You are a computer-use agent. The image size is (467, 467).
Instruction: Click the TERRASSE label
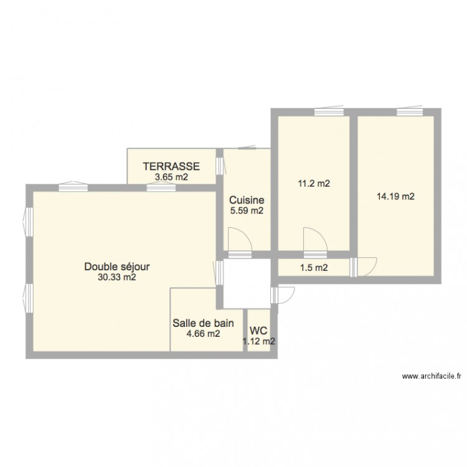point(171,166)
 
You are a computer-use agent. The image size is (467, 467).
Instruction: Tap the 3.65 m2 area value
point(171,177)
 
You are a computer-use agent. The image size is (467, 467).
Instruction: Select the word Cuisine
point(247,200)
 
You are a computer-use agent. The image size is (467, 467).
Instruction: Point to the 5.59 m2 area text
point(247,211)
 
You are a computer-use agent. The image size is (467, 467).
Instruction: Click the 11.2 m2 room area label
point(313,184)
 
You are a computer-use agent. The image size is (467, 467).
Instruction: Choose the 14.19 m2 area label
point(395,197)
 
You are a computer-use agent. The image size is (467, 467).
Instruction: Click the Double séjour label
point(117,267)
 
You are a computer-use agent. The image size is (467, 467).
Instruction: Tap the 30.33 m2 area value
point(117,278)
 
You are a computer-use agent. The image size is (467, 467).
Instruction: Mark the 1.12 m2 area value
point(259,341)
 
